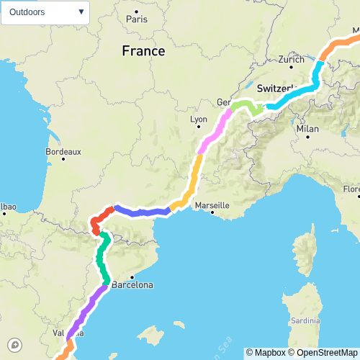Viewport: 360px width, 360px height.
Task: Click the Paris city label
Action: tap(136, 19)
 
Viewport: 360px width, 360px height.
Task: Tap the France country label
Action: tap(143, 51)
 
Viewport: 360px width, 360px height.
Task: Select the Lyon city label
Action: tap(198, 120)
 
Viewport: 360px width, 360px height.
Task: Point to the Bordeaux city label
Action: tap(63, 152)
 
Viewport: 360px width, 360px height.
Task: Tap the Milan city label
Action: tap(307, 129)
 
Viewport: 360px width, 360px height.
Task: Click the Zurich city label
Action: tap(291, 60)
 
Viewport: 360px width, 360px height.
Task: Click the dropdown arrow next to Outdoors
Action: tap(81, 12)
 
